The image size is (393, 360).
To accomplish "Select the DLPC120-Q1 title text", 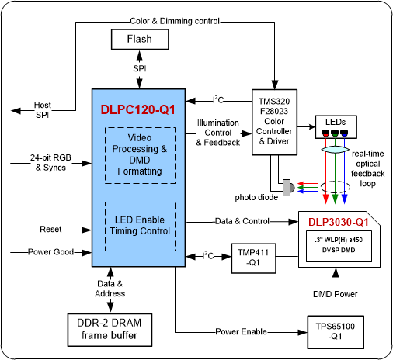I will click(x=137, y=109).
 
